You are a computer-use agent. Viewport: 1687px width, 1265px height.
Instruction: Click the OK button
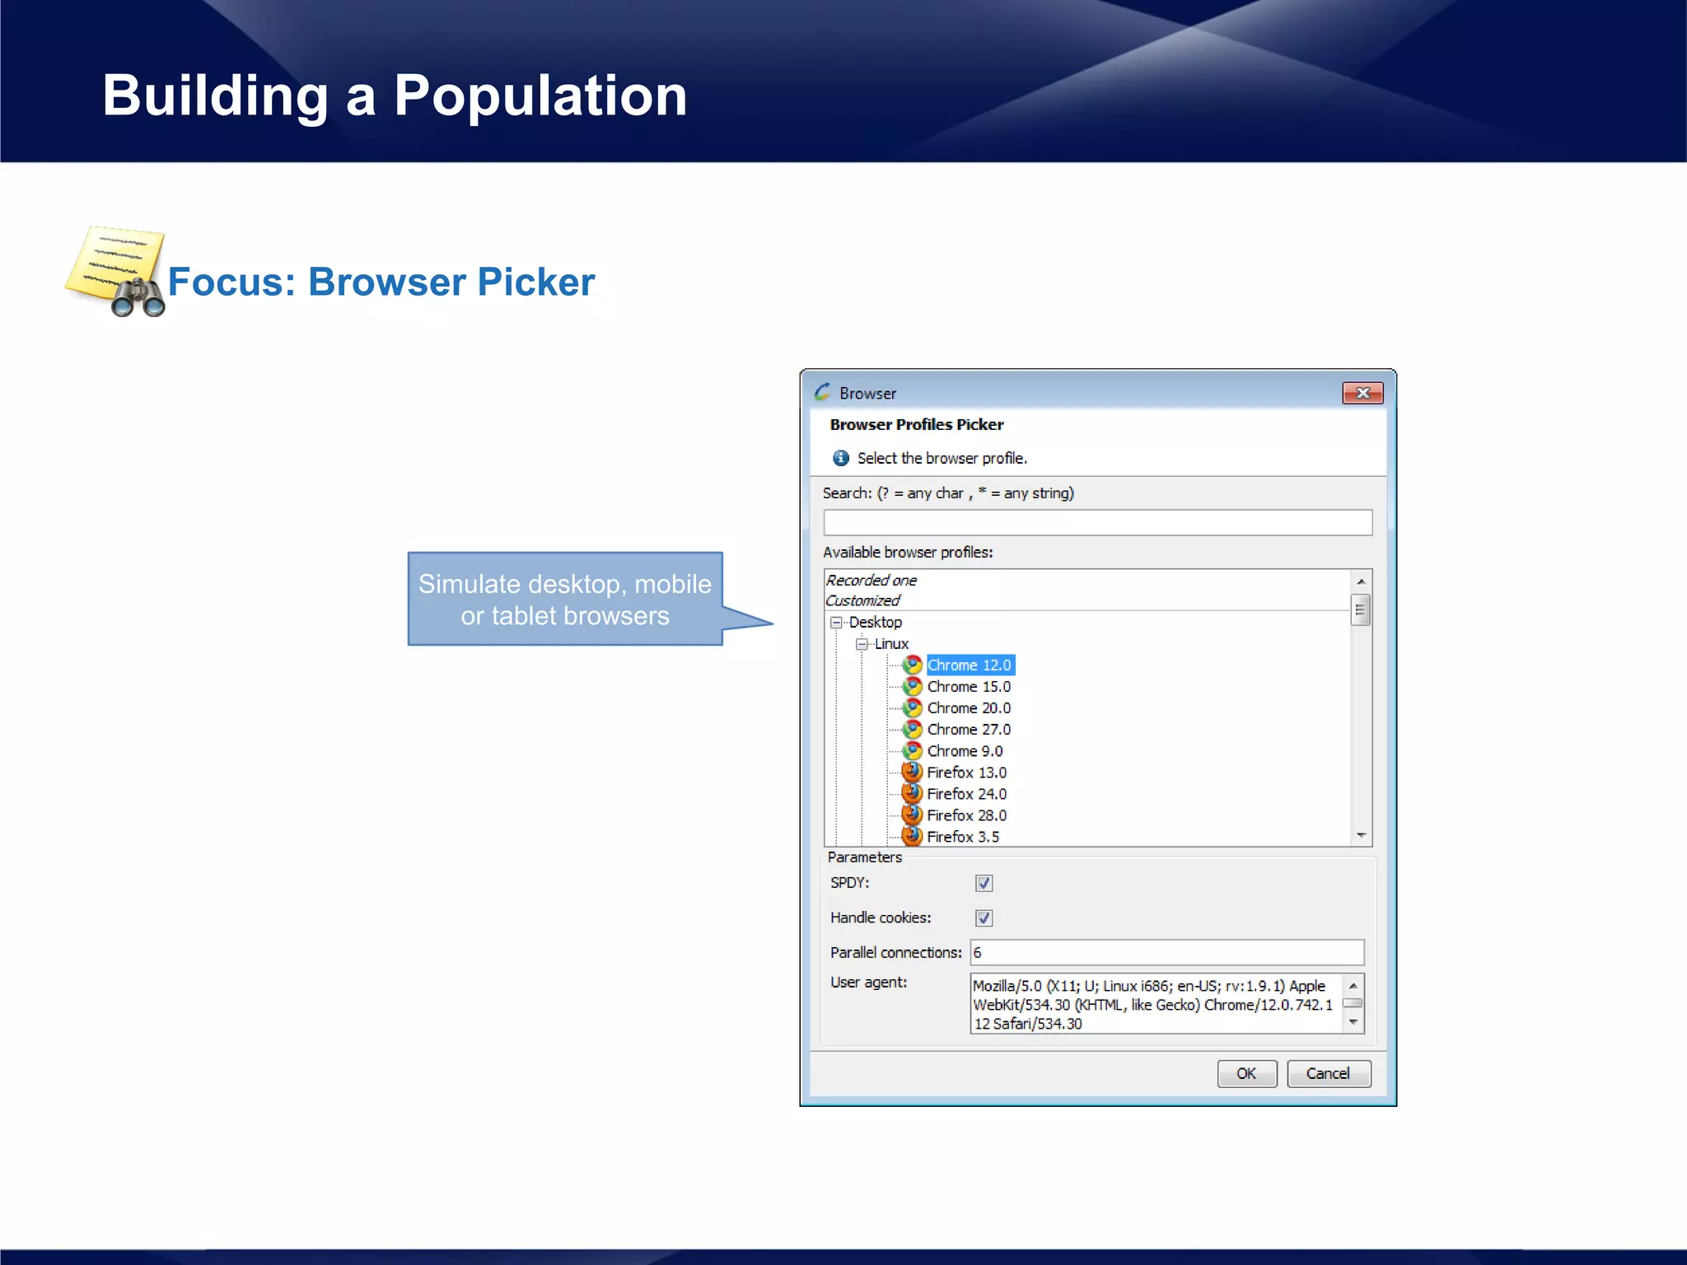(1246, 1073)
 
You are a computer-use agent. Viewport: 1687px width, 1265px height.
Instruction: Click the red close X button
(1362, 393)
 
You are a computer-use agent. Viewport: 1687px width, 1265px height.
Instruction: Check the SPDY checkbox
(984, 883)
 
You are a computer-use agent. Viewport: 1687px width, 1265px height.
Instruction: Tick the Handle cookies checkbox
(984, 917)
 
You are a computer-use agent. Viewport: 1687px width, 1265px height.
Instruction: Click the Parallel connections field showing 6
(1166, 952)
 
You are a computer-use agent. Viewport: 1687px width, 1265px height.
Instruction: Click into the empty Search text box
(1096, 522)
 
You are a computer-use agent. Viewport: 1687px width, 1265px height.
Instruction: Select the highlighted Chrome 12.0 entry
(969, 665)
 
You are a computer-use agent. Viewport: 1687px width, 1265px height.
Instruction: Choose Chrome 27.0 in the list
(969, 729)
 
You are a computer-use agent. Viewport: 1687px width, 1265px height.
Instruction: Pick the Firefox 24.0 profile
(966, 793)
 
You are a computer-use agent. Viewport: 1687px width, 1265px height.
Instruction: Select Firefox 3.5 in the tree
(962, 836)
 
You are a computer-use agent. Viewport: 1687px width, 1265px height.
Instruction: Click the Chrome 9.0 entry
(965, 750)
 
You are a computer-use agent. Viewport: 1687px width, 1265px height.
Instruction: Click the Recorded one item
(872, 580)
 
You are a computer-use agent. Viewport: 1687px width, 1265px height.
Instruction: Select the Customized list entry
(862, 600)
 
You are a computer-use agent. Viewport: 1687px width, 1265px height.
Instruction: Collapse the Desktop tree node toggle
(836, 623)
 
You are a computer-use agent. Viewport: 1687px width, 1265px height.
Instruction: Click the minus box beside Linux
(862, 644)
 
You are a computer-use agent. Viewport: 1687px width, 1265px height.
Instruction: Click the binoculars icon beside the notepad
(138, 297)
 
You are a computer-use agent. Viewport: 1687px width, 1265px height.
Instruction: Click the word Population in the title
(540, 96)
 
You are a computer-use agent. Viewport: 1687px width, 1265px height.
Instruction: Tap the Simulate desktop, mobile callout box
(565, 599)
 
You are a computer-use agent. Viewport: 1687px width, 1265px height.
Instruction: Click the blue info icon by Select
(840, 458)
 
